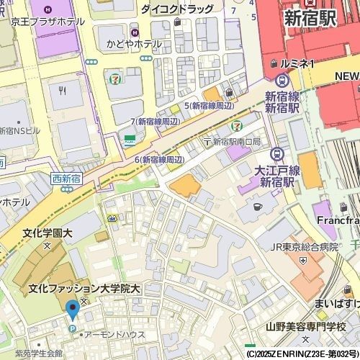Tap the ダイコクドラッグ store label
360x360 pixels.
tap(176, 9)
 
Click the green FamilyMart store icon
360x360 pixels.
tap(130, 140)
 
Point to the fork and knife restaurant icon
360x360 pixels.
tap(63, 91)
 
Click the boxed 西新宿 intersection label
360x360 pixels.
tap(66, 178)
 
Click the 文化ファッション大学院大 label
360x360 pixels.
tap(84, 289)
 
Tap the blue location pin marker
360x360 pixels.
tap(72, 310)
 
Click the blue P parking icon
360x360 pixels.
tap(72, 329)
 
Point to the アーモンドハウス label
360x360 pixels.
tap(114, 335)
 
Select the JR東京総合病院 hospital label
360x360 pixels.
tap(303, 246)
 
